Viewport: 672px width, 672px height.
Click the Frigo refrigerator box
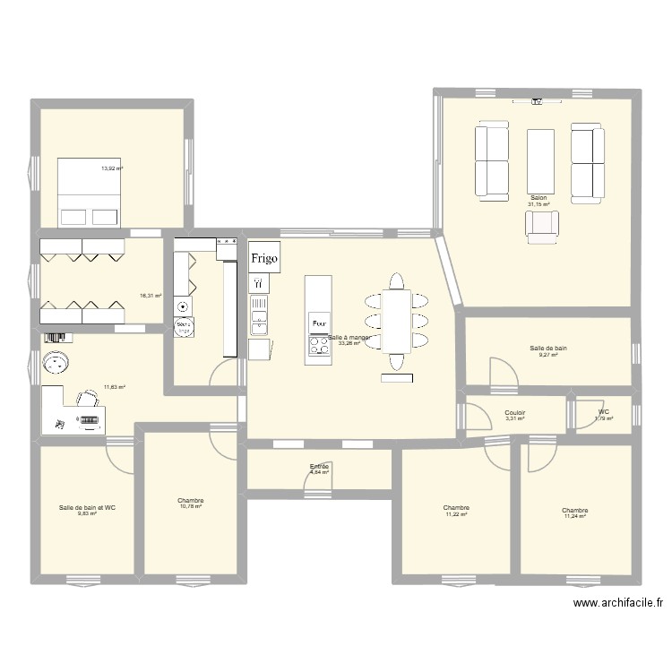(x=264, y=257)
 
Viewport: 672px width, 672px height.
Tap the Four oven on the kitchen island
(x=317, y=322)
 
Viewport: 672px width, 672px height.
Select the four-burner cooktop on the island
(x=317, y=344)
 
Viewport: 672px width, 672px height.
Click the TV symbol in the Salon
(x=537, y=102)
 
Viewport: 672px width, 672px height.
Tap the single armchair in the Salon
(x=541, y=227)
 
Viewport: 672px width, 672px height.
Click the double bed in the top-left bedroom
(x=90, y=192)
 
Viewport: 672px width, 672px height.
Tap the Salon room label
(x=538, y=198)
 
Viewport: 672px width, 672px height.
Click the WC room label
(x=605, y=413)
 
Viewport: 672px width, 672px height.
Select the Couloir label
(x=515, y=413)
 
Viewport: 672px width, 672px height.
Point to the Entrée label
(x=319, y=466)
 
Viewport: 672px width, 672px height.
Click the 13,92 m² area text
(x=112, y=168)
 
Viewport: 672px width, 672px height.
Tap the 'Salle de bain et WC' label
(x=87, y=507)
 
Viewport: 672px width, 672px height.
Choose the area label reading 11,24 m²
(x=574, y=516)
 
